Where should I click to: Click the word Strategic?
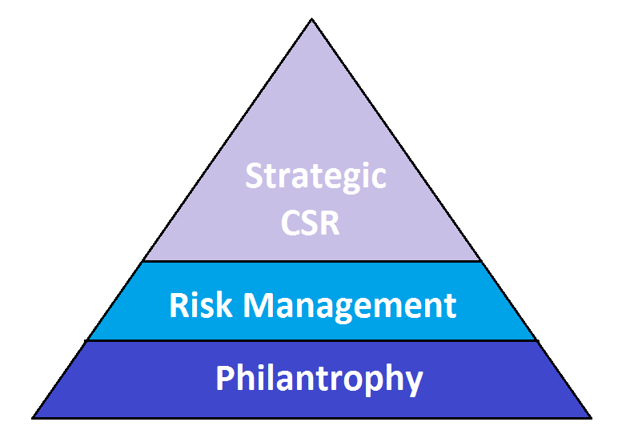(315, 175)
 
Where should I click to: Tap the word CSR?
(311, 222)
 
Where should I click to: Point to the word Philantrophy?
(319, 378)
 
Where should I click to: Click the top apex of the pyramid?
(311, 18)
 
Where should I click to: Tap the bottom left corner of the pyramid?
(33, 417)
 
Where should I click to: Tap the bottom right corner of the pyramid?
(591, 417)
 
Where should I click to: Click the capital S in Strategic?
(254, 175)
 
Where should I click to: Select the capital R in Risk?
(179, 304)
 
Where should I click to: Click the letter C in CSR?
(291, 222)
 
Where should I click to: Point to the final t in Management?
(451, 305)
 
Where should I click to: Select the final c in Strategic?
(379, 178)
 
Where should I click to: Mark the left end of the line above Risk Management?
(143, 261)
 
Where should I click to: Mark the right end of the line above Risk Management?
(481, 261)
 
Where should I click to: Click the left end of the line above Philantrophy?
(87, 340)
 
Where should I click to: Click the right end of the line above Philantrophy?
(536, 340)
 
